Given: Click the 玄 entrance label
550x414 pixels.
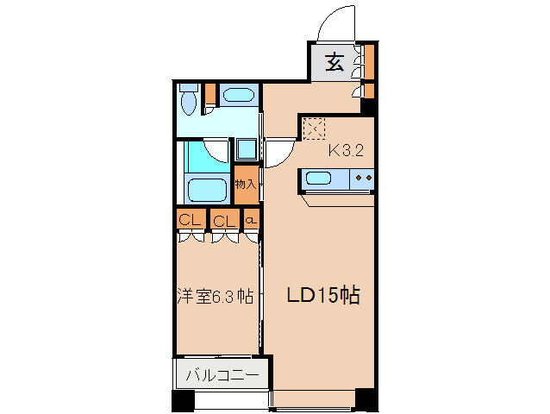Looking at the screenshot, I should point(334,63).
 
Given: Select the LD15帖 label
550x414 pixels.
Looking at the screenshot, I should point(322,296).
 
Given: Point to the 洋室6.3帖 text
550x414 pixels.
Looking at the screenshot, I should point(216,296).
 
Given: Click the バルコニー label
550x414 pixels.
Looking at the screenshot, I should point(223,376).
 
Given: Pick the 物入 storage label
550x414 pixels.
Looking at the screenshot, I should point(246,184).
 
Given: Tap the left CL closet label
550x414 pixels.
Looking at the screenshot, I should point(190,221).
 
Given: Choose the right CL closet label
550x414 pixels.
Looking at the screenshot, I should point(224,221).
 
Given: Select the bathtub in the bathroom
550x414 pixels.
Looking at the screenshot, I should point(206,188).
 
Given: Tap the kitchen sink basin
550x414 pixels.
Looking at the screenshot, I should point(319,179).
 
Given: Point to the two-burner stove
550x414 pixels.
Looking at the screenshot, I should point(363,179).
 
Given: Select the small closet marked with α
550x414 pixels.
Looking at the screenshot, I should point(251,221).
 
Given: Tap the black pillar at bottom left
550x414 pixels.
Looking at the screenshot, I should point(182,401).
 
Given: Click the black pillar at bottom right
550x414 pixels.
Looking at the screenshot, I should point(366,400).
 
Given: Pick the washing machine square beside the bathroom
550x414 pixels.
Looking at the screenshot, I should point(247,148).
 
